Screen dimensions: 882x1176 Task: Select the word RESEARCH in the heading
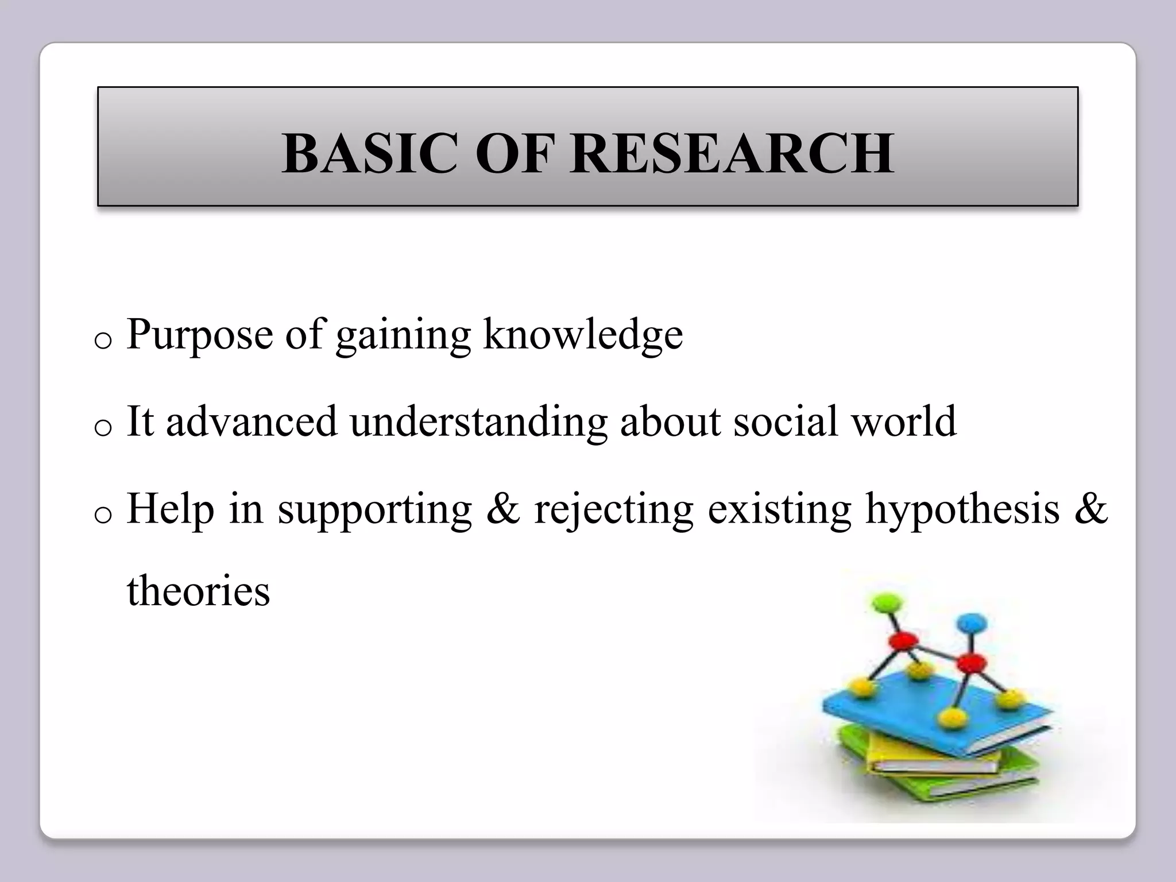(x=733, y=154)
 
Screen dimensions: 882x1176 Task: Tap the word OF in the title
(x=514, y=154)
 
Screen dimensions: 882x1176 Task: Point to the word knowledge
(x=583, y=335)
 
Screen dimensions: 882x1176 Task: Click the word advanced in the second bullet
(x=252, y=421)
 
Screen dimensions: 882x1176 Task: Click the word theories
(x=198, y=591)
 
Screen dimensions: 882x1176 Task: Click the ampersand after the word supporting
(x=502, y=509)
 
